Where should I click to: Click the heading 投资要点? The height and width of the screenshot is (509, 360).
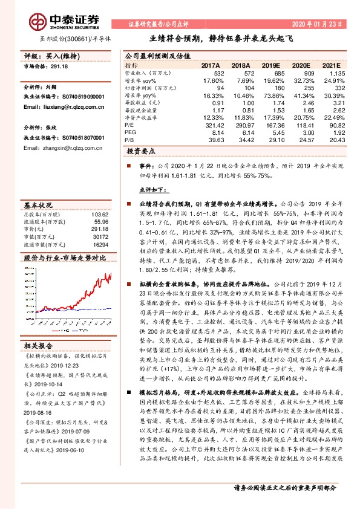click(142, 152)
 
